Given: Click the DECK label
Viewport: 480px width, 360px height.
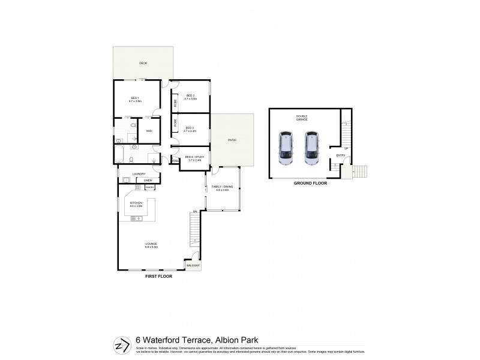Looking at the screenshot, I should click(143, 63).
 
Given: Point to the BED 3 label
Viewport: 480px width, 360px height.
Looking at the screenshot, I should click(190, 128).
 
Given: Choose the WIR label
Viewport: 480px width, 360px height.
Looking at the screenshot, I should click(148, 130).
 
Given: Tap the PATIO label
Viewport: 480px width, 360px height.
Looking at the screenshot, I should click(232, 140).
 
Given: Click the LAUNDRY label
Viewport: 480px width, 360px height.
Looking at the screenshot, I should click(139, 174).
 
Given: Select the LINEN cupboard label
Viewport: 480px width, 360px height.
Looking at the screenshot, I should click(147, 180).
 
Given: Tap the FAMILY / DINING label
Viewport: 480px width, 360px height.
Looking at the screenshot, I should click(222, 188).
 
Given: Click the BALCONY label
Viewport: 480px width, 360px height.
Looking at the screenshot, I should click(193, 265).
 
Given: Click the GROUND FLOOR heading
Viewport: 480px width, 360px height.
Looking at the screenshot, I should click(310, 183).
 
